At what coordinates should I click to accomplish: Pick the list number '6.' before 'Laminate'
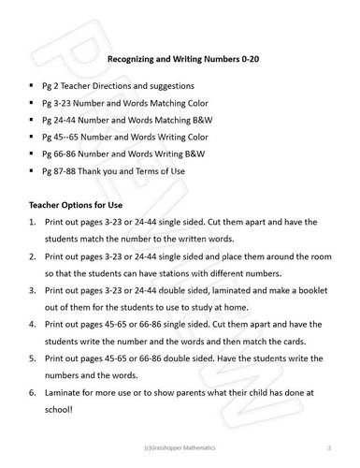point(33,392)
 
